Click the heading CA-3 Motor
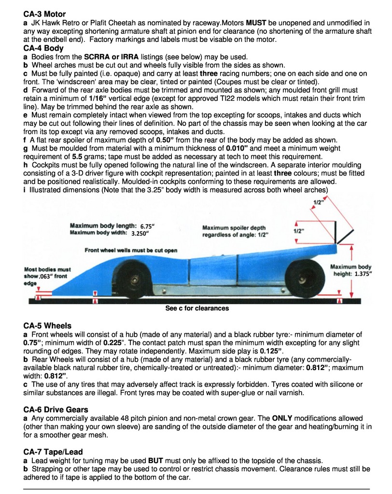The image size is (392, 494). tap(44, 14)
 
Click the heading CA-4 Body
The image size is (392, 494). tap(43, 48)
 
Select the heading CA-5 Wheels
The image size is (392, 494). tap(47, 326)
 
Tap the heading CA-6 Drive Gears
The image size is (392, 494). tap(56, 410)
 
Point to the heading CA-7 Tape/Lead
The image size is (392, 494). tap(53, 452)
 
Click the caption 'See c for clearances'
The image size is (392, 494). tap(197, 308)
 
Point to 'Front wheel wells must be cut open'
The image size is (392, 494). tap(131, 250)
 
